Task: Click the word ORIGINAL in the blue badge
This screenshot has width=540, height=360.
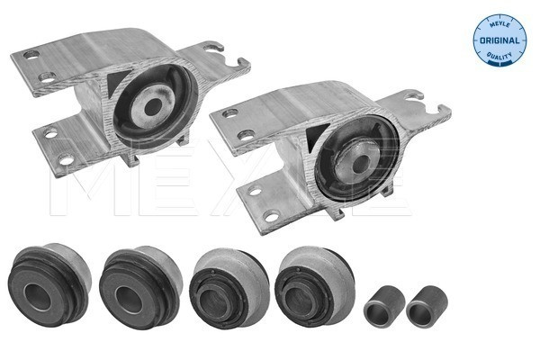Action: [499, 40]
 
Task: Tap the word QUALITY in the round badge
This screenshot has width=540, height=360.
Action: [499, 56]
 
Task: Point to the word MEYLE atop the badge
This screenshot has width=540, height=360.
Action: [499, 24]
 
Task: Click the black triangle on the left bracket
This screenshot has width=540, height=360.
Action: [117, 82]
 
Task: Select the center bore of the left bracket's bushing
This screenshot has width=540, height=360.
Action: [153, 106]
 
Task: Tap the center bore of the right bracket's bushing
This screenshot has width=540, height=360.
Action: [361, 163]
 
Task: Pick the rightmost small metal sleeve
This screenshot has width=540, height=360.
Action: [427, 306]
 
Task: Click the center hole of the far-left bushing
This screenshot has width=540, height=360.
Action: [37, 297]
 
